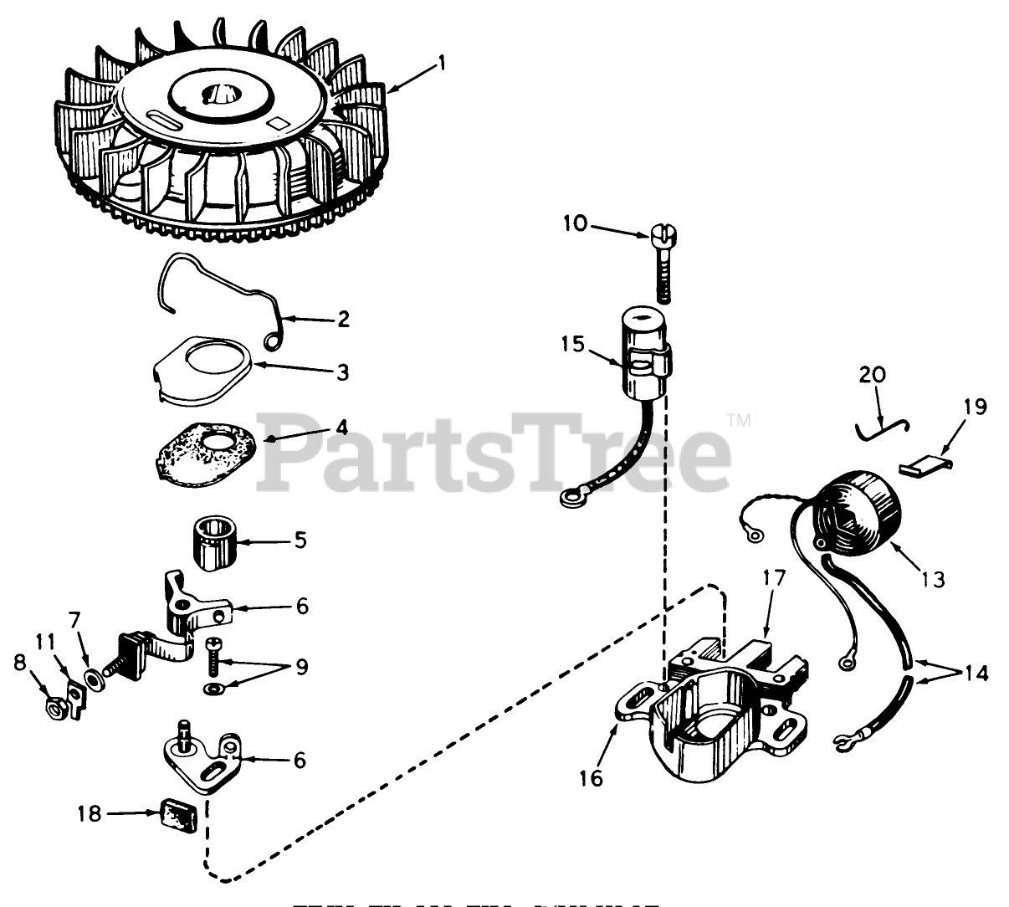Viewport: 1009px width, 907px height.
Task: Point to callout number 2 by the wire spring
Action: pos(341,319)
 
